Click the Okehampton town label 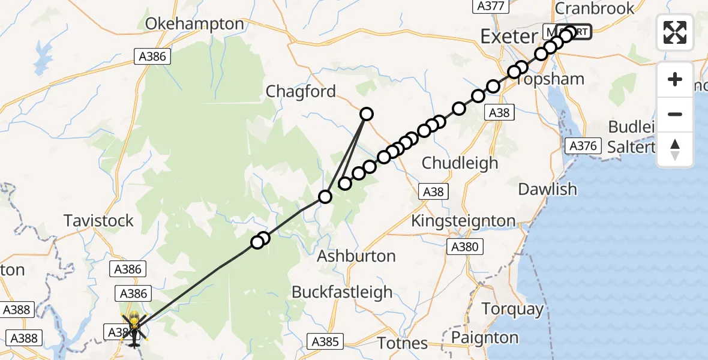coord(196,24)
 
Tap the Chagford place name coord(301,91)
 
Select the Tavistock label coord(99,221)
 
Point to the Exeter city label coord(509,37)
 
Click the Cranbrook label coord(595,8)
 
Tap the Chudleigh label coord(460,163)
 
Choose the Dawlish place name coord(547,189)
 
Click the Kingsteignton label coord(463,221)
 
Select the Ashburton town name coord(356,256)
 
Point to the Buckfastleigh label coord(342,292)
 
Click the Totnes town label coord(402,343)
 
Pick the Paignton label coord(485,337)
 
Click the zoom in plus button coord(675,79)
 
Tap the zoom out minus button coord(675,114)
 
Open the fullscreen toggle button coord(675,32)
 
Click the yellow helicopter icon coord(133,329)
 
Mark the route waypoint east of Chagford coord(366,113)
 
